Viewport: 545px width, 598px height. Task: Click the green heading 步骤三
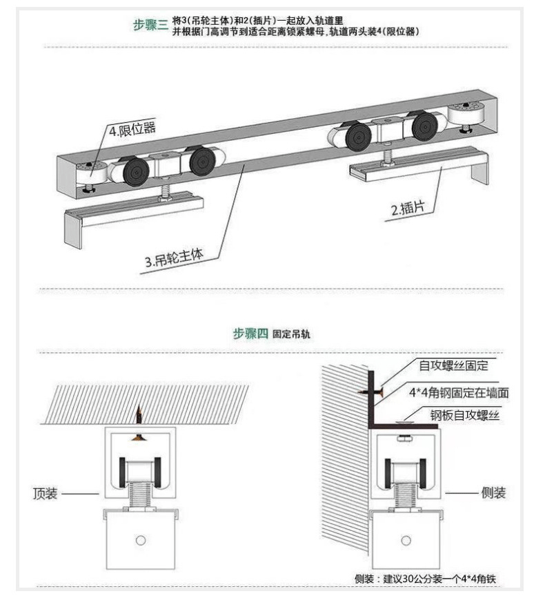point(150,25)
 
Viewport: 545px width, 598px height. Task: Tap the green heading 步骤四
point(250,334)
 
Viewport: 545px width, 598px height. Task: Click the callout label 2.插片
point(408,209)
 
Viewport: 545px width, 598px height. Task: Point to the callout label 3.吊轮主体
point(174,258)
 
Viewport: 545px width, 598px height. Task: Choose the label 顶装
point(45,494)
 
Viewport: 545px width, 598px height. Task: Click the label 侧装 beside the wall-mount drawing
point(493,493)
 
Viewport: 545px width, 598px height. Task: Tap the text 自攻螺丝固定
point(453,366)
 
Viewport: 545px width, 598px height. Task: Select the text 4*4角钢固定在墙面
point(459,392)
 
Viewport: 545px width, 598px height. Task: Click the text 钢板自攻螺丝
point(465,415)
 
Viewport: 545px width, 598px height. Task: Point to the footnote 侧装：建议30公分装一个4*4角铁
point(426,579)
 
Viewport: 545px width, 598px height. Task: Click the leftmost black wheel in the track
point(136,173)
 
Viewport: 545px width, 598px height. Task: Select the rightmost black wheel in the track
point(424,126)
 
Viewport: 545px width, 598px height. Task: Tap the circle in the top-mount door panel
point(141,541)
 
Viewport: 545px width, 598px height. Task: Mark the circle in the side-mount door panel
point(406,541)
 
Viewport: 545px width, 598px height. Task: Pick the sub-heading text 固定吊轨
point(291,334)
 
